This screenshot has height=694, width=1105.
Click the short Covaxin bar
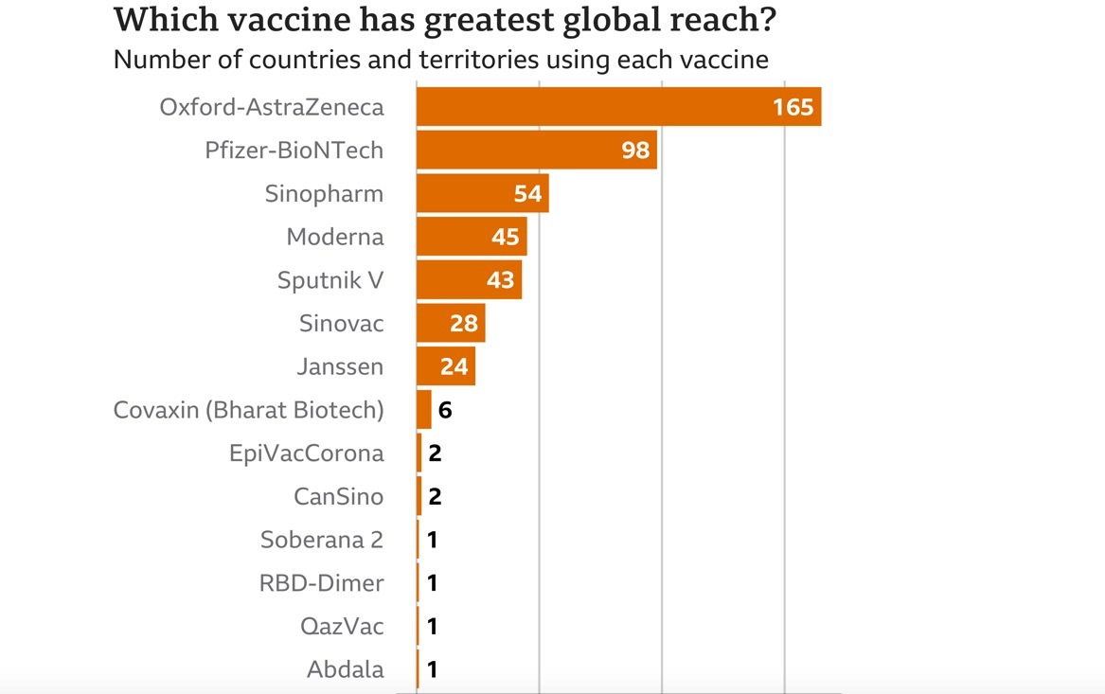(x=423, y=410)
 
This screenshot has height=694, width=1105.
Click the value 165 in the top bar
(x=793, y=107)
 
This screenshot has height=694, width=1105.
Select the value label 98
(x=635, y=151)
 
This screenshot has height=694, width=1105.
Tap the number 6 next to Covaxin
(x=445, y=411)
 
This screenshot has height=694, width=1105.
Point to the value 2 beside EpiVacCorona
(x=435, y=454)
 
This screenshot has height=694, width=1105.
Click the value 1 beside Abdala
(x=432, y=670)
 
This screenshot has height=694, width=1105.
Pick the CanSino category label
(x=339, y=496)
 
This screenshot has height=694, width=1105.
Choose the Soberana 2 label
(x=322, y=540)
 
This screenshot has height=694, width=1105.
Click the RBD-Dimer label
(x=321, y=583)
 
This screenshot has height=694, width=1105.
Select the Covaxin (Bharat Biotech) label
(x=248, y=410)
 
